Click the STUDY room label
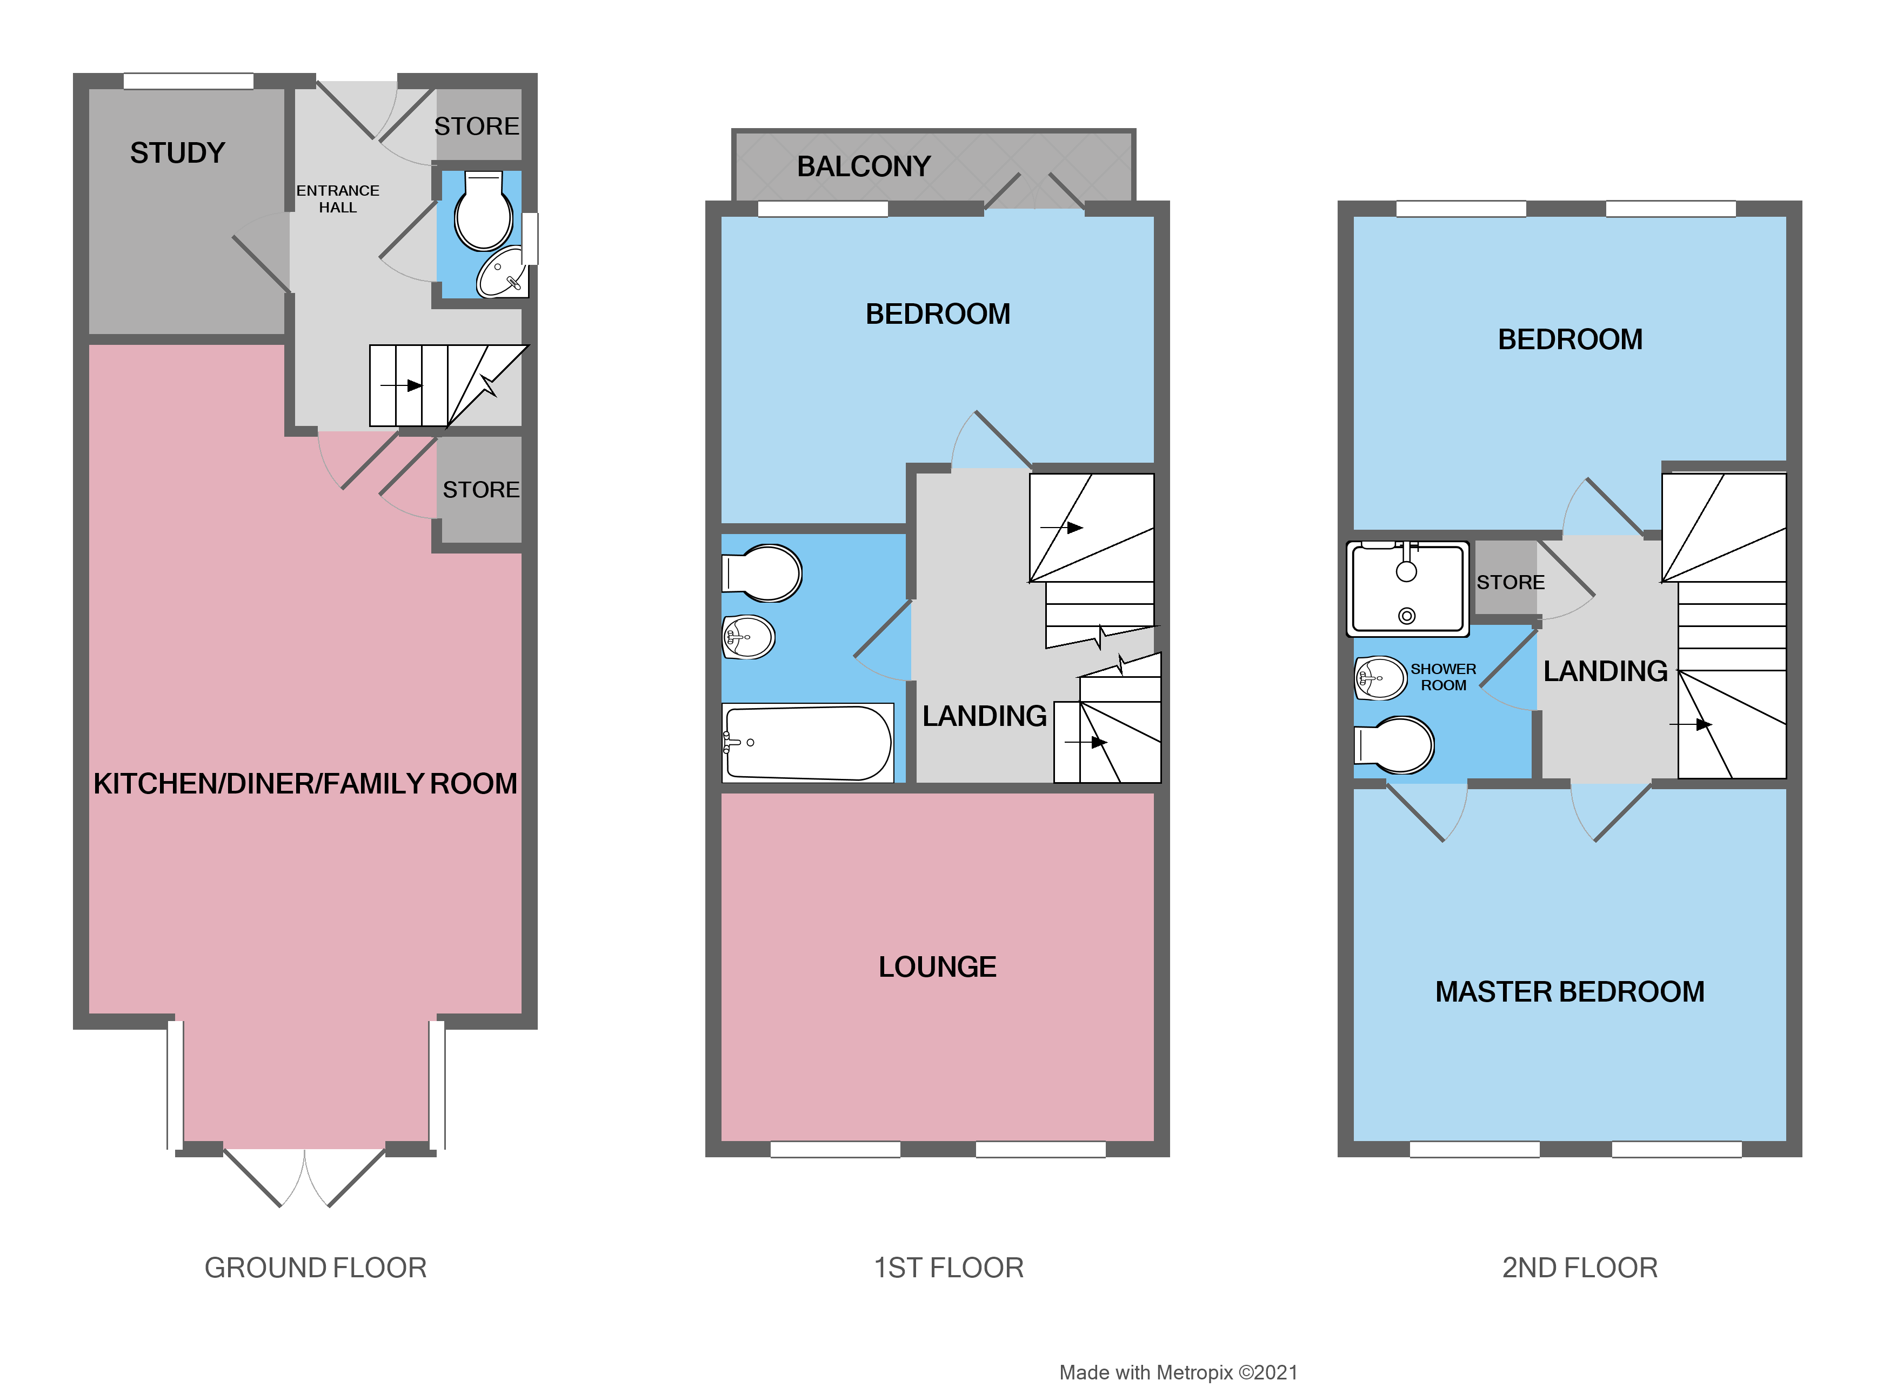(177, 153)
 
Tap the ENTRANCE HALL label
(337, 199)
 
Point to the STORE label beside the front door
(476, 126)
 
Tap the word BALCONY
(863, 166)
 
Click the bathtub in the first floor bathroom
(807, 742)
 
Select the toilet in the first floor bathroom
(764, 574)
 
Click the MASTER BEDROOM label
(1569, 991)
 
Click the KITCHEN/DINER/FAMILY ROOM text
(305, 783)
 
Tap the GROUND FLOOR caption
(316, 1267)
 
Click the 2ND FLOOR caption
(1579, 1267)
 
